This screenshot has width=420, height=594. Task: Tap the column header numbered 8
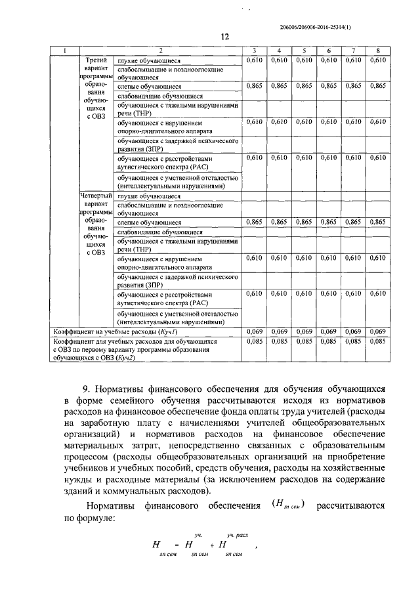click(x=377, y=51)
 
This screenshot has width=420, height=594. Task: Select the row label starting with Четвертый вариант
click(x=96, y=223)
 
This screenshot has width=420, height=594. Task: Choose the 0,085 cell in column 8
click(x=377, y=341)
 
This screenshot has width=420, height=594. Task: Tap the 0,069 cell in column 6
click(x=327, y=331)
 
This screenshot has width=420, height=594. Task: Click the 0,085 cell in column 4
click(x=278, y=341)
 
